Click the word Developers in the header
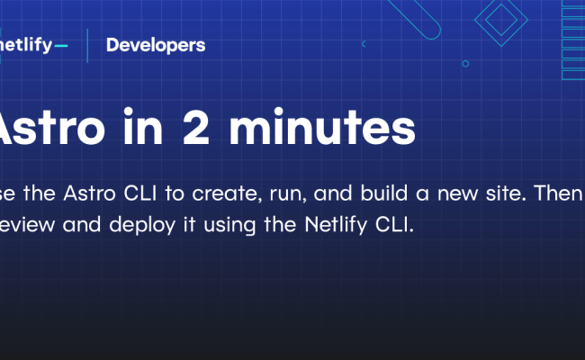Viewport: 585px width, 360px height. click(x=155, y=45)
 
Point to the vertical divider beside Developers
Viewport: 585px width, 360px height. click(x=87, y=45)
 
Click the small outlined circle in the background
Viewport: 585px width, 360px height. click(x=465, y=64)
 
